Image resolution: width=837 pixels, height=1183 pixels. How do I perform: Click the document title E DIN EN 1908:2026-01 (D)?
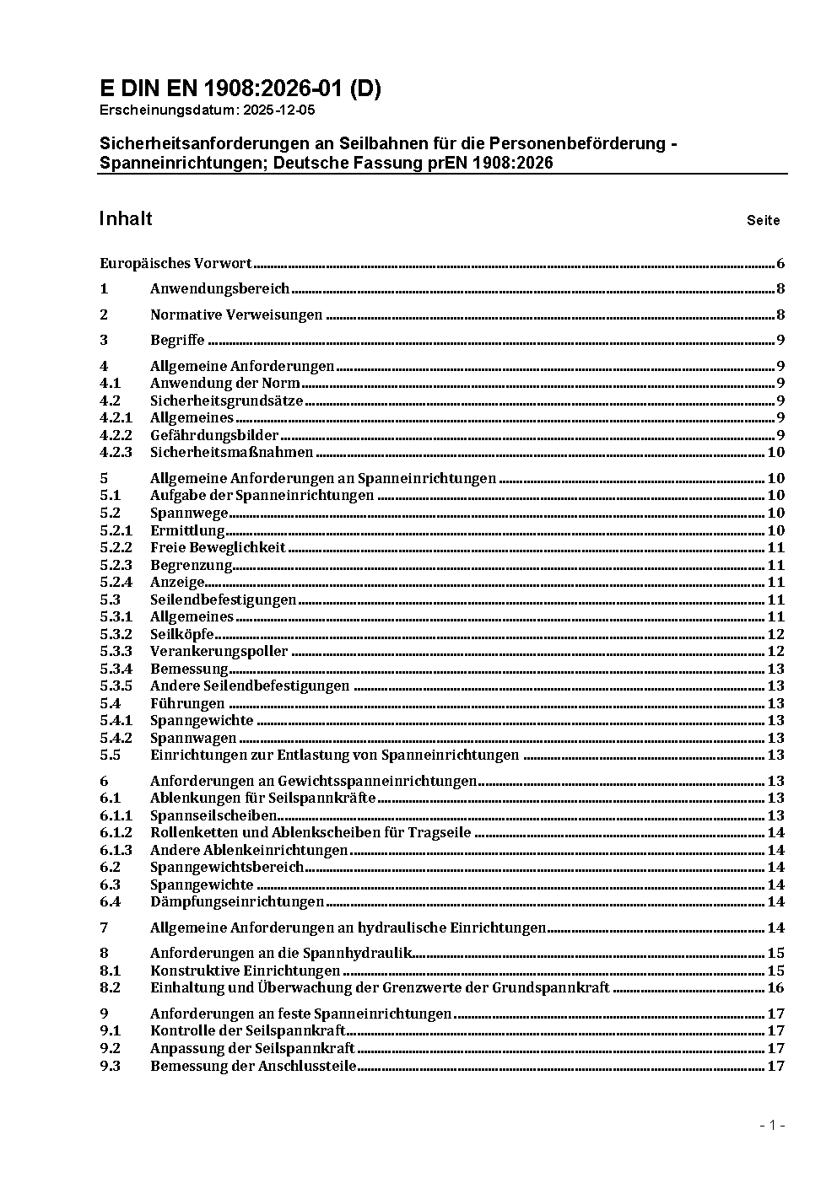240,89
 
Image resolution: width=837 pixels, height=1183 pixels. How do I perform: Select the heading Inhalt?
126,218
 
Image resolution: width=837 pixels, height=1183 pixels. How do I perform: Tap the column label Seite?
763,221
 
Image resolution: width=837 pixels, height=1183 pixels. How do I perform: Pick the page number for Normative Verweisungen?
780,315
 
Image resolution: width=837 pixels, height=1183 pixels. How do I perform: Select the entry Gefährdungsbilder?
214,435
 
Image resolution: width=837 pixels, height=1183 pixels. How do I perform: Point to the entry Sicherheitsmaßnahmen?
231,453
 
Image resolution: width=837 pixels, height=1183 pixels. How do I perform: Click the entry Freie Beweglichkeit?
218,548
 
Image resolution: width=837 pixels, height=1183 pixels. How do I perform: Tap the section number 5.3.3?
116,652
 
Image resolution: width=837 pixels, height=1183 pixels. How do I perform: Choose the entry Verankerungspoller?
219,652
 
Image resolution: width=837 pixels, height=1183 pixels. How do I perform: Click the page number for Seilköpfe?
775,634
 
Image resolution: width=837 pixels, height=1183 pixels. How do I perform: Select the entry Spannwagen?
193,738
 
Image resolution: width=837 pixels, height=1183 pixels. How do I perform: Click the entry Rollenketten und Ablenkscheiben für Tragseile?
310,833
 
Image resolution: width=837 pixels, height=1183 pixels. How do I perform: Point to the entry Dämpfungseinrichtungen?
237,902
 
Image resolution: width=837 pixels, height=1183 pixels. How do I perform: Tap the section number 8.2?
110,987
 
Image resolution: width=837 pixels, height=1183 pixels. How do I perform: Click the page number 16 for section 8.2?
775,987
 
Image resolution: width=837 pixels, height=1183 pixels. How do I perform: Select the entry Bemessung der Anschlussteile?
253,1066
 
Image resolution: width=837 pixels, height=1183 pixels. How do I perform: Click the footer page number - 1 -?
771,1125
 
